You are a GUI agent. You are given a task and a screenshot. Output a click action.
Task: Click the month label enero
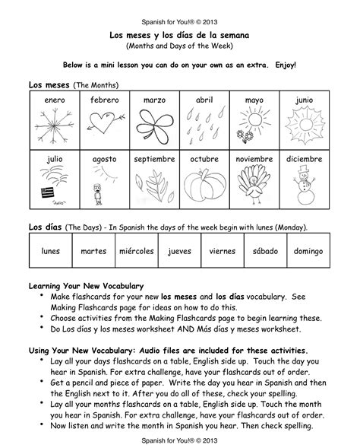55,100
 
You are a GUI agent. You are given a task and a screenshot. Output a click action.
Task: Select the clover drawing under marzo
155,125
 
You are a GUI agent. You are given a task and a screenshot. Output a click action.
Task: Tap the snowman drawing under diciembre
305,186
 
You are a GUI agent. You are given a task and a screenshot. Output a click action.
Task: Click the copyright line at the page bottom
179,440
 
